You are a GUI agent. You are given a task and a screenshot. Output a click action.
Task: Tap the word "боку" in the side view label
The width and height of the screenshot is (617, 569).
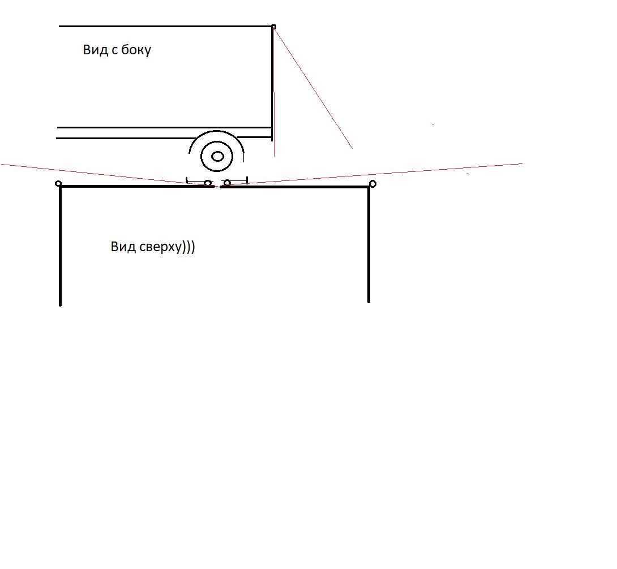click(x=136, y=50)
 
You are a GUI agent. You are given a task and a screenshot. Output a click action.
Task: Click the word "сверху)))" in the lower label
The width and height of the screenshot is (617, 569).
click(x=167, y=247)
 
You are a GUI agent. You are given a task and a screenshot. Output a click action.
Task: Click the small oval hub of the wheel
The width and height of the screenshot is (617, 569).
click(x=217, y=157)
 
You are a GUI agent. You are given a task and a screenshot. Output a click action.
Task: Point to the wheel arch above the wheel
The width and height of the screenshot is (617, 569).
click(x=216, y=131)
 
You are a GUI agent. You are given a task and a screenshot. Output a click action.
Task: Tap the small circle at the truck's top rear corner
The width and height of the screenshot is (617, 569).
click(x=273, y=27)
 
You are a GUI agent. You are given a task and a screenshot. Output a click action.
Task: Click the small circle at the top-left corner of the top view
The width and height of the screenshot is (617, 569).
click(x=58, y=184)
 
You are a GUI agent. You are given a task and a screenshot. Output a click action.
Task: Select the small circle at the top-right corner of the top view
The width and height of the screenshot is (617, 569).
click(x=372, y=184)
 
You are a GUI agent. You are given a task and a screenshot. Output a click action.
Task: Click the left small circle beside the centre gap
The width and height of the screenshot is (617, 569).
click(x=208, y=183)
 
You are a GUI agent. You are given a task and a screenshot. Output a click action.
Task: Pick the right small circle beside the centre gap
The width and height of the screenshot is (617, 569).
click(x=227, y=183)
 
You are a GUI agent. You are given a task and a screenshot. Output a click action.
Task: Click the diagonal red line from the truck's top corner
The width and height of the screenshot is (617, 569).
click(x=313, y=88)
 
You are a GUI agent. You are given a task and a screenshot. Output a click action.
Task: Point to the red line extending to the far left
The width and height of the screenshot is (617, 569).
click(x=106, y=175)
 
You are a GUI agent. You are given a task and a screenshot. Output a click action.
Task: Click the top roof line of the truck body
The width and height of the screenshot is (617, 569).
click(x=165, y=27)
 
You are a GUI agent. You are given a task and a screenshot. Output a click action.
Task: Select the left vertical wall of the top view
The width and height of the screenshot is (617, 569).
click(x=60, y=245)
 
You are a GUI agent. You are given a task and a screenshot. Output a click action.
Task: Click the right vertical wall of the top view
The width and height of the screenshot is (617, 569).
click(x=369, y=244)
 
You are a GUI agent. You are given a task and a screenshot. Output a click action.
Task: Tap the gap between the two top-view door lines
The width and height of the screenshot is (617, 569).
click(x=217, y=187)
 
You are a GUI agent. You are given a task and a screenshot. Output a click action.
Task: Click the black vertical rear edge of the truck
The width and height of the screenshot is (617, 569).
click(x=272, y=83)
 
